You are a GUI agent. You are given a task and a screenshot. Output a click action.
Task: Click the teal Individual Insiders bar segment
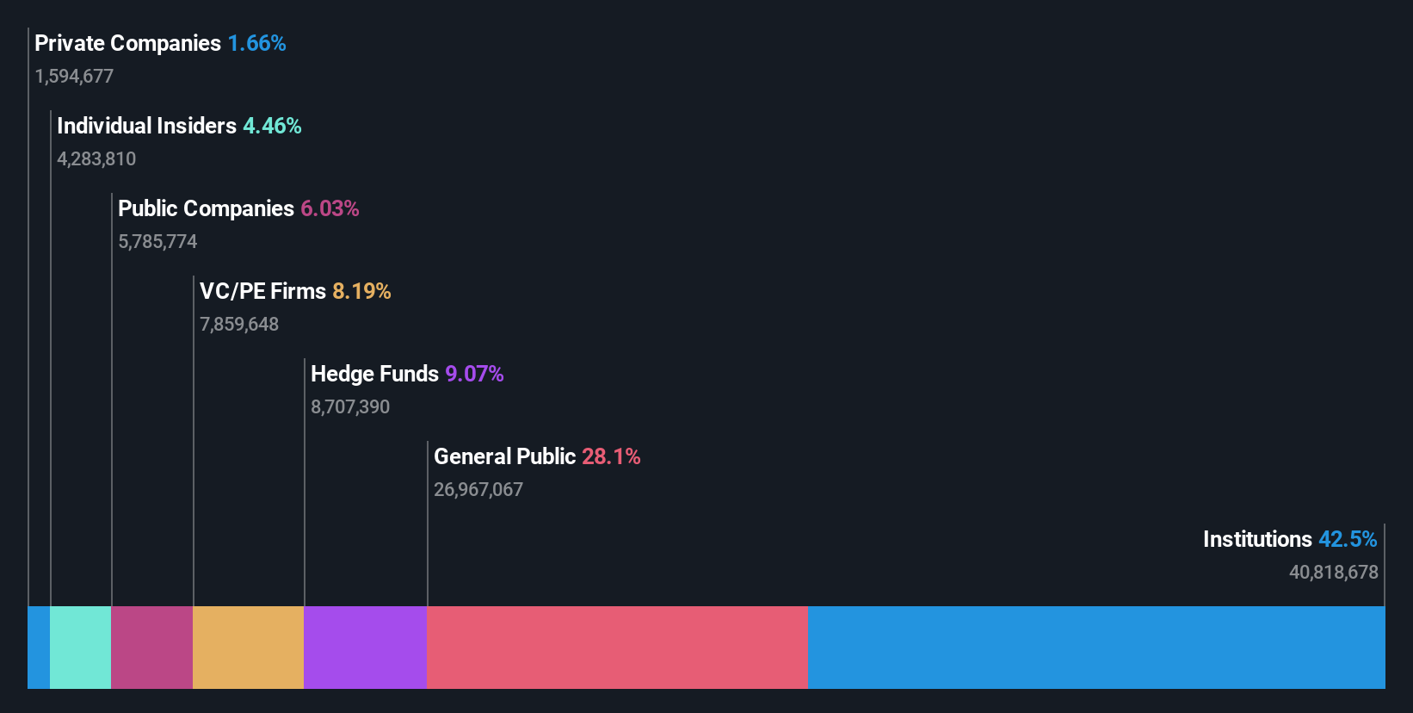[x=80, y=647]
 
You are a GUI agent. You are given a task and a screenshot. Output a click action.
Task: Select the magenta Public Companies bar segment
[x=151, y=647]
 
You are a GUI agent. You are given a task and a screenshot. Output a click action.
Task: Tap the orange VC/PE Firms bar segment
[x=248, y=647]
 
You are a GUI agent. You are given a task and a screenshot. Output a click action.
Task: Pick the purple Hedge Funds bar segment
[x=365, y=647]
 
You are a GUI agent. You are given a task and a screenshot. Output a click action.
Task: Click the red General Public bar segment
[x=617, y=647]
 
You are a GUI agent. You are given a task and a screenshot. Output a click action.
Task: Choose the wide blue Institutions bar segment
[x=1096, y=647]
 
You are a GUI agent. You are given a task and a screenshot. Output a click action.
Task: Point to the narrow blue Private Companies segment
[x=39, y=647]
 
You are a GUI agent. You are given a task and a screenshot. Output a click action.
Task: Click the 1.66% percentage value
[x=256, y=43]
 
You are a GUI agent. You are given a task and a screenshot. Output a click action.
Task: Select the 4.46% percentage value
[x=272, y=126]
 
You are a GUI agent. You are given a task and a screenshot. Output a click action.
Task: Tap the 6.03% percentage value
[x=330, y=208]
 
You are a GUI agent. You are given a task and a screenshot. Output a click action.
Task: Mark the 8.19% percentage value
[x=361, y=291]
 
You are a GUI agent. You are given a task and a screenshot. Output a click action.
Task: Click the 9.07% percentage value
[x=474, y=374]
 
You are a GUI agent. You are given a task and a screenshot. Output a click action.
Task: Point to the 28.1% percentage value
[x=611, y=456]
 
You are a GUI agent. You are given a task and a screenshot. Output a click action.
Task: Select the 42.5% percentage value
[x=1348, y=539]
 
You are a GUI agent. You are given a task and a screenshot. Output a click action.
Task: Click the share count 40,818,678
[x=1333, y=572]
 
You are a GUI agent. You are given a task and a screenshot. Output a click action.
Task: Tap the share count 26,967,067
[x=478, y=489]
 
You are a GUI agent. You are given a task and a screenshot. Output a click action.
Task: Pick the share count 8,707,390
[x=350, y=406]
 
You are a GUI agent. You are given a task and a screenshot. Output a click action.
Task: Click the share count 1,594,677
[x=74, y=76]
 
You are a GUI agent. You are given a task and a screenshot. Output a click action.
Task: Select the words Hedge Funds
[x=374, y=374]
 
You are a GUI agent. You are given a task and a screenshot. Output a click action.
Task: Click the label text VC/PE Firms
[x=262, y=291]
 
